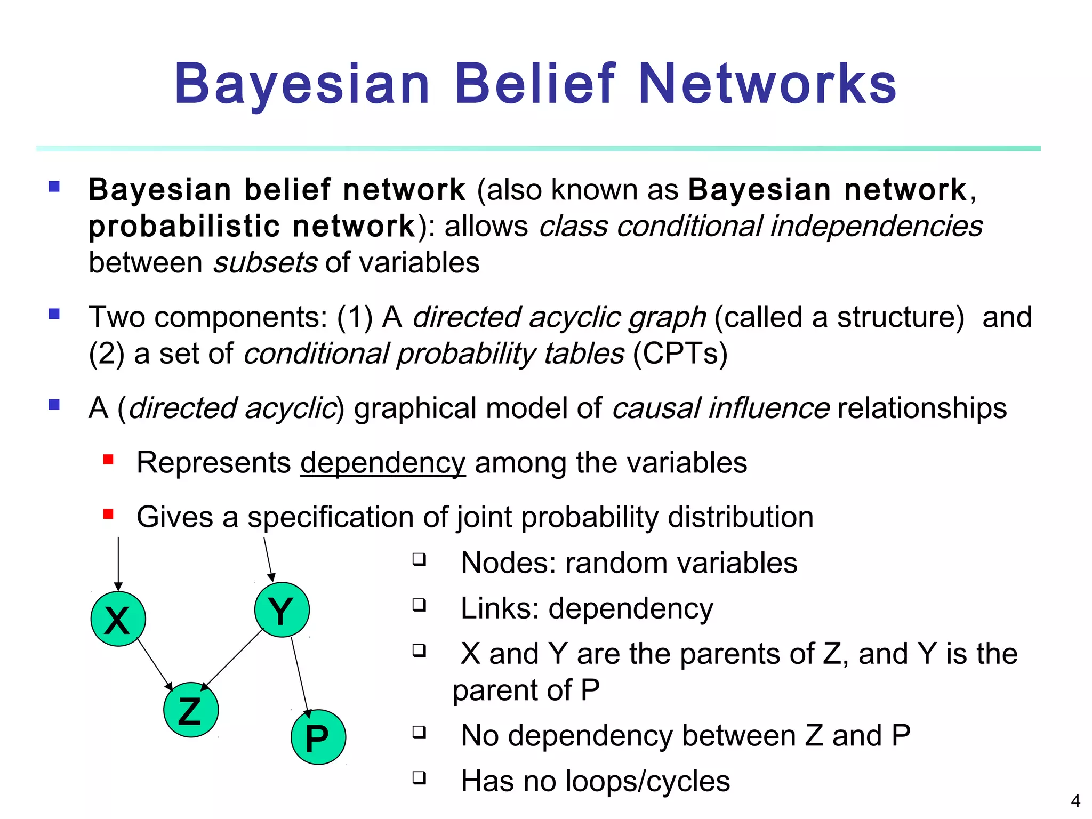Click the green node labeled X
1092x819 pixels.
coord(118,619)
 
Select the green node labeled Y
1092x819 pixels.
coord(282,609)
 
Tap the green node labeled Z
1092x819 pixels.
coord(191,710)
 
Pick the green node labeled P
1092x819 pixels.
coord(318,737)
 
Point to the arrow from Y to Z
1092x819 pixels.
coord(232,660)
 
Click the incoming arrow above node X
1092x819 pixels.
coord(118,563)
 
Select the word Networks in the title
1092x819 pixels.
coord(767,84)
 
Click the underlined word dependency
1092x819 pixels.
coord(383,463)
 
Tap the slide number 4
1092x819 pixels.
coord(1075,801)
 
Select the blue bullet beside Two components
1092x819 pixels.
coord(54,314)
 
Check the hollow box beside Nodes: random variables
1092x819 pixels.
coord(419,559)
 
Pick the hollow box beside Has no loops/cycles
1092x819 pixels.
coord(419,777)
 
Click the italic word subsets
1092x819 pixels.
coord(266,263)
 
